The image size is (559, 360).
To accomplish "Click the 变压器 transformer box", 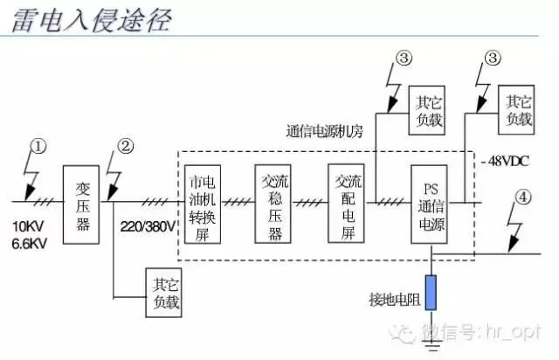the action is coord(81,204).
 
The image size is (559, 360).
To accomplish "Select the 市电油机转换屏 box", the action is coord(203,204).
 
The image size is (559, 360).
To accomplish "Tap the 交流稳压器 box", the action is coord(273,204).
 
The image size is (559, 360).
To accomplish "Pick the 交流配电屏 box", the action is coord(346,204).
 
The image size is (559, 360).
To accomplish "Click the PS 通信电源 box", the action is coord(429,204).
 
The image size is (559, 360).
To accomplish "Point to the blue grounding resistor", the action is coord(431,293).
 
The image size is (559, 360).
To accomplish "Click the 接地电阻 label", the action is coord(395,300).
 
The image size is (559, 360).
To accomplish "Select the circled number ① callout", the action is coord(38,147).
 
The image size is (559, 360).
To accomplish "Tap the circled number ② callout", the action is coord(126,146).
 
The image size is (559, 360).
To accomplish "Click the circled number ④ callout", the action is coord(523,197).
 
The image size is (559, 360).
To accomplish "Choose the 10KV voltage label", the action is coord(28,226).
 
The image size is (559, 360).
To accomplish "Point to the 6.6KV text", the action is coord(30,244).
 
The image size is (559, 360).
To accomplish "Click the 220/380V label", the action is coord(148,226).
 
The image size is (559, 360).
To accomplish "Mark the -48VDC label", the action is coord(505,162).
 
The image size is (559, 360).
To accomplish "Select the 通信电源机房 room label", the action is coord(324,131).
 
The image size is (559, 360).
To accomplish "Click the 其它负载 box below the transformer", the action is coord(163,293).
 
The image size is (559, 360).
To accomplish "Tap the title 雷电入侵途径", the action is coord(92,20).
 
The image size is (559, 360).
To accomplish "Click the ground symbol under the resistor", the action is coord(431,345).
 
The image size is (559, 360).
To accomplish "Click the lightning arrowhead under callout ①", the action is coord(29,193).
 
